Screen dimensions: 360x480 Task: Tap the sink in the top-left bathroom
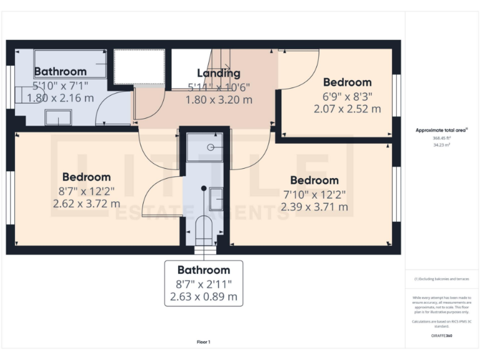(x=58, y=116)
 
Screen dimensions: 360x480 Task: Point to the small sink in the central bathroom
(x=215, y=199)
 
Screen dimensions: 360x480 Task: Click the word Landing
(x=218, y=74)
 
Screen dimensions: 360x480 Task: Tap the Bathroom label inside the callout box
(x=204, y=270)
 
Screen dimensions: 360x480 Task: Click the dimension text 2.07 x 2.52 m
(x=347, y=108)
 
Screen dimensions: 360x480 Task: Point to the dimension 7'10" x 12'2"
(x=314, y=194)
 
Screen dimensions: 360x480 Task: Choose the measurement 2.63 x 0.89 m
(x=204, y=297)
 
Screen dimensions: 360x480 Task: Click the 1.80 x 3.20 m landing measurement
(x=219, y=99)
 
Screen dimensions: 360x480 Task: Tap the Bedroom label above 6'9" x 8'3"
(x=347, y=82)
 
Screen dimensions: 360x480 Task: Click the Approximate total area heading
(x=441, y=130)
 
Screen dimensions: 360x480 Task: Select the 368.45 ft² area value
(x=441, y=138)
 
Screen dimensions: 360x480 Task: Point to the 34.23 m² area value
(x=441, y=144)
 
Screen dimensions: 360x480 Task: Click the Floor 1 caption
(x=203, y=342)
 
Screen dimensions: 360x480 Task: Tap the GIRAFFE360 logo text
(x=441, y=336)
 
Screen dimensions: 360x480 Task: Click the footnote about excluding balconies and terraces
(x=441, y=279)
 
